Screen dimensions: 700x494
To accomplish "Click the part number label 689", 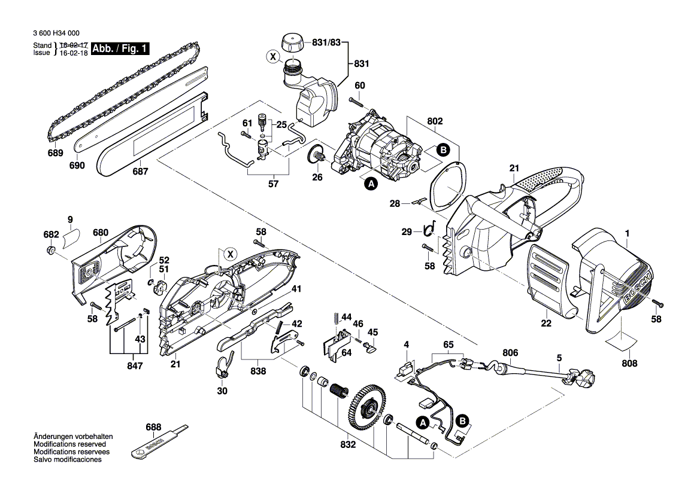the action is [55, 153].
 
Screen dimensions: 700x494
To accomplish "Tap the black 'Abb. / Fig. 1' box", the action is [120, 48].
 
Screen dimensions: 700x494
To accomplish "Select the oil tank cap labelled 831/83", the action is [292, 45].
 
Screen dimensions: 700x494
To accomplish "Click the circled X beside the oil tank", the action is [272, 57].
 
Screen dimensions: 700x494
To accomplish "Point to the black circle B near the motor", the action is [443, 150].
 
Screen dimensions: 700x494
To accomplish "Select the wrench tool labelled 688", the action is [157, 443].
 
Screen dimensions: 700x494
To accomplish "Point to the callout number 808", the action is [629, 364].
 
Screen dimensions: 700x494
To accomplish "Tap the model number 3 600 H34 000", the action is [56, 33].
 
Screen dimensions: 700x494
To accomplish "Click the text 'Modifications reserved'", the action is [69, 444].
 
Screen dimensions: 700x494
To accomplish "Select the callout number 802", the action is [435, 121].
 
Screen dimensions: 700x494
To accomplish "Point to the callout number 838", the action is [258, 371].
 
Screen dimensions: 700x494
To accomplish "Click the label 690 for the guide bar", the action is [77, 166].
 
